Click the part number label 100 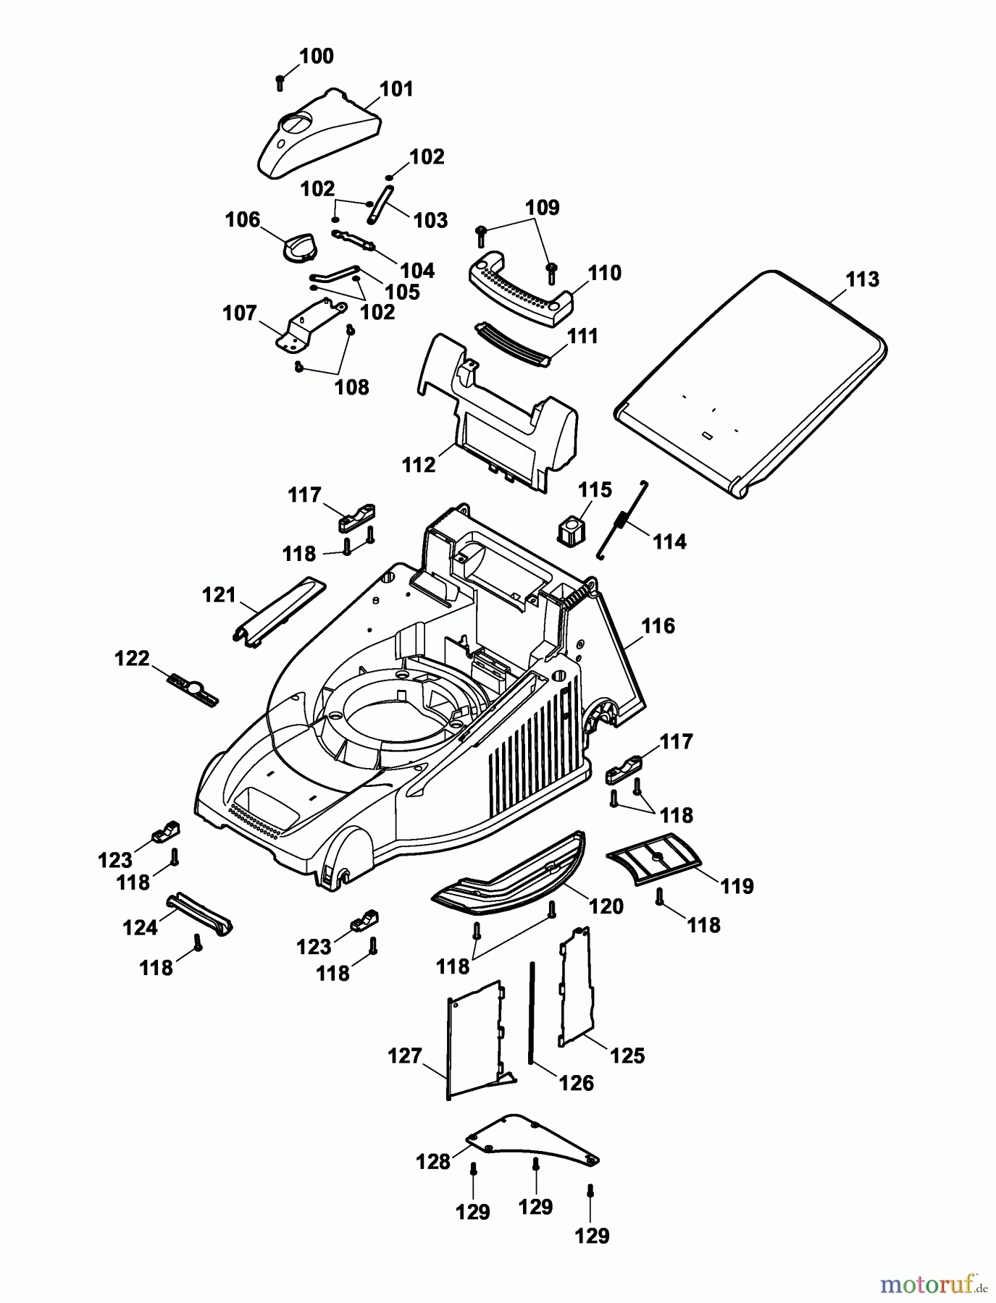pos(317,56)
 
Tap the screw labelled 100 pos(280,83)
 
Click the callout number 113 pos(862,279)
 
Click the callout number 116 pos(658,625)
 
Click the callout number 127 pos(404,1056)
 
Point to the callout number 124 pos(140,927)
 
